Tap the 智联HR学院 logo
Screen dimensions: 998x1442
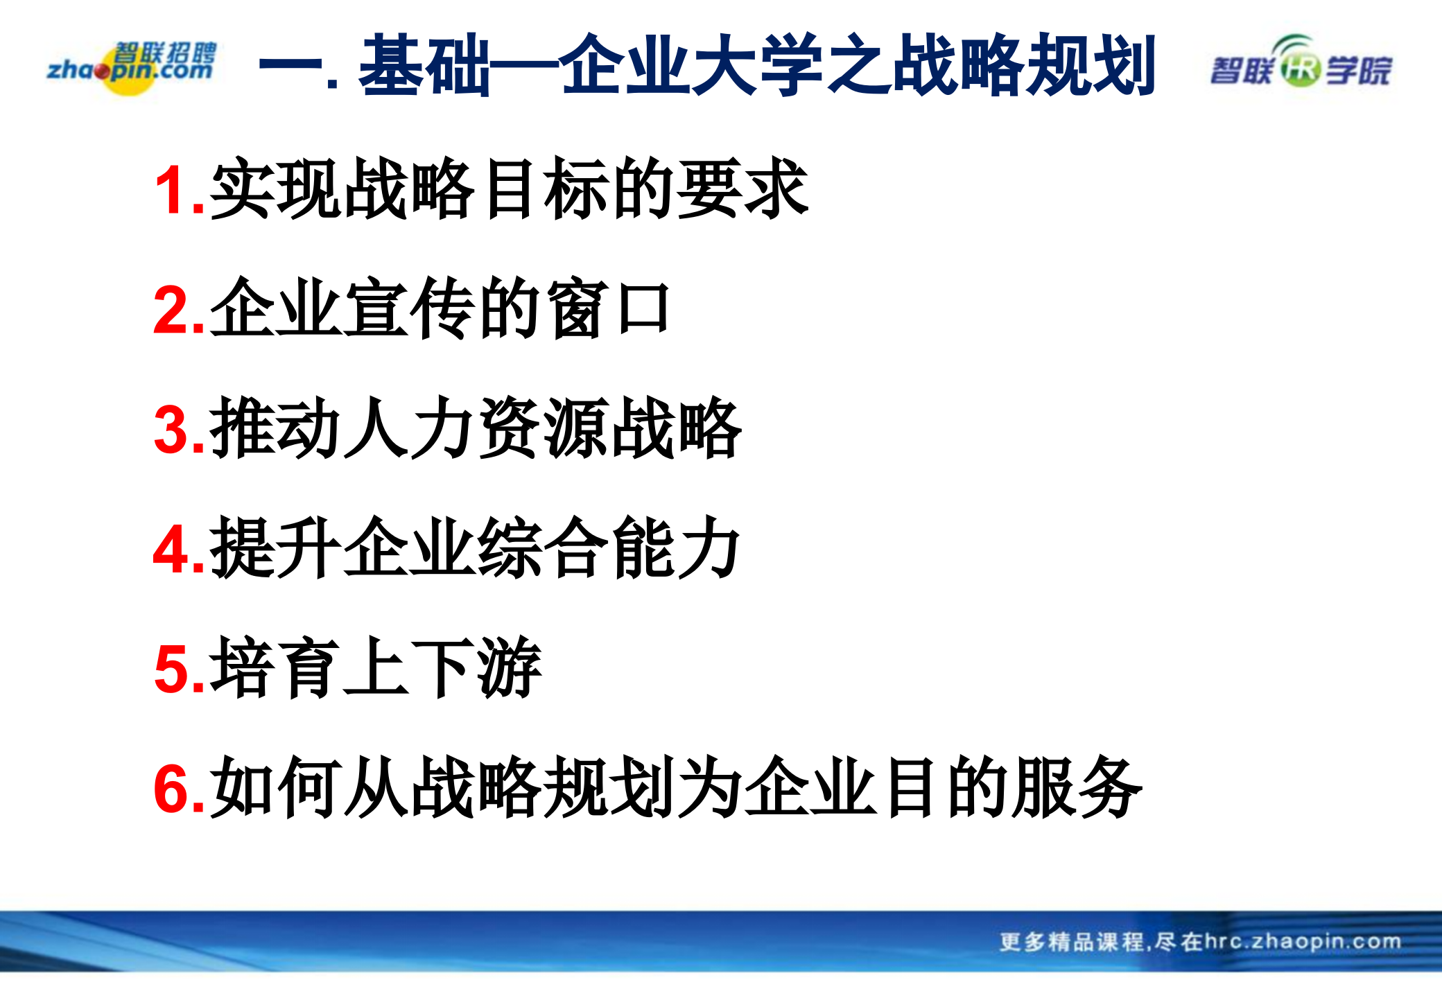click(1301, 68)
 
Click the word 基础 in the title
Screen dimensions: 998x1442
click(424, 66)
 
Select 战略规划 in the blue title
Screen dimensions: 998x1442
click(1023, 66)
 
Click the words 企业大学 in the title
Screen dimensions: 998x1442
click(690, 66)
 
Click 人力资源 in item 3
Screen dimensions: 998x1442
click(476, 428)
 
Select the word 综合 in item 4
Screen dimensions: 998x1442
click(542, 548)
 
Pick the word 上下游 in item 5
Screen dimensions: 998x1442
click(442, 668)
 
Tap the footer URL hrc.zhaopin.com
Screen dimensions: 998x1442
click(1303, 941)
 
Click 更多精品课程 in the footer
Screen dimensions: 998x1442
click(1071, 942)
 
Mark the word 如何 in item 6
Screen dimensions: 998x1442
click(276, 788)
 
